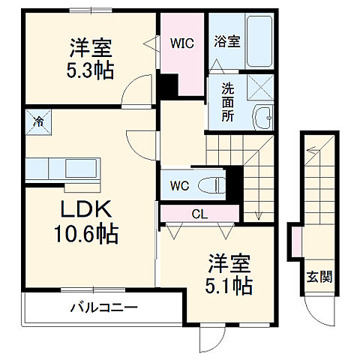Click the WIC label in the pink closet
(x=181, y=43)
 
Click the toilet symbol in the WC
(x=214, y=184)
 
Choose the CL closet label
(x=199, y=213)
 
